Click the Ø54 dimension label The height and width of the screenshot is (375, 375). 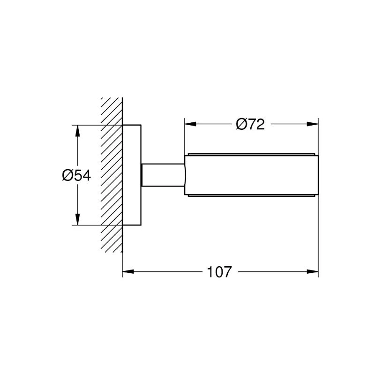click(76, 175)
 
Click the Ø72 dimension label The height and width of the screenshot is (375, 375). click(250, 124)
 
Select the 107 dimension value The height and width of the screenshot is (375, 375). click(219, 272)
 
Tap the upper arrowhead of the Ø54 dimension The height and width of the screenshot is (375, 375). click(77, 131)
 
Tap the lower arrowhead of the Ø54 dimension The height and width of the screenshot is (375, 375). click(77, 219)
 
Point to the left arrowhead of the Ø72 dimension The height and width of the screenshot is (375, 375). click(190, 124)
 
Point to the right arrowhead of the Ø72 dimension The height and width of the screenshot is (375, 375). click(313, 124)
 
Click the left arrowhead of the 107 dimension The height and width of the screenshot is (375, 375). click(128, 272)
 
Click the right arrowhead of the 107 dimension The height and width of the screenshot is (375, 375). click(313, 272)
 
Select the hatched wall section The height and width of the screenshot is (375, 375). click(112, 175)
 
